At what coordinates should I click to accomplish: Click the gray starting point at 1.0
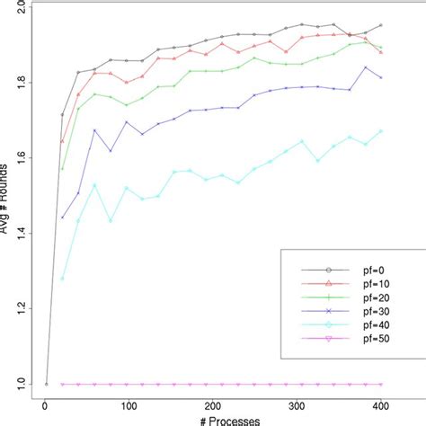(47, 384)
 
